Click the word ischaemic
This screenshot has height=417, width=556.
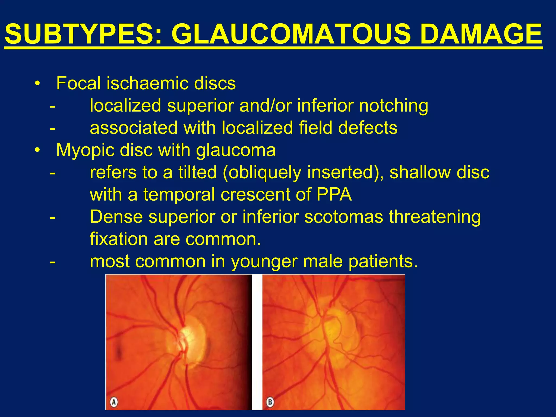click(147, 83)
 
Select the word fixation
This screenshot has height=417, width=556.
click(119, 239)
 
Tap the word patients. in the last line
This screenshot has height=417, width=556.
click(383, 262)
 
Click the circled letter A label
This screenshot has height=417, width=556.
click(114, 402)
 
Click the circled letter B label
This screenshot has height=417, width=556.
click(270, 402)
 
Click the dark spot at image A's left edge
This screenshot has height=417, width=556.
click(119, 353)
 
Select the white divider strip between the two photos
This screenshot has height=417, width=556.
click(257, 342)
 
